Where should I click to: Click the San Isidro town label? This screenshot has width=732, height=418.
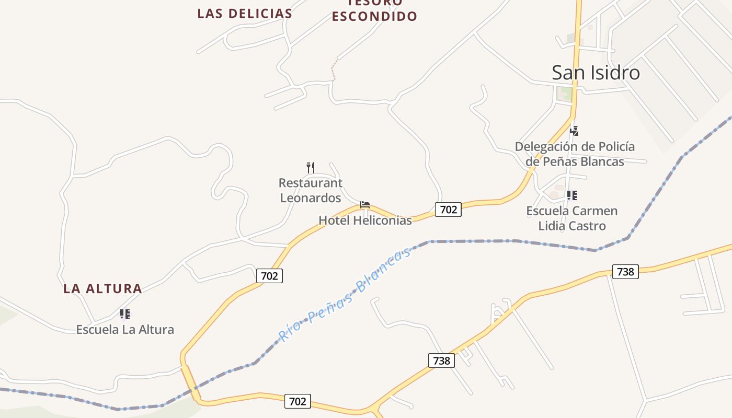coord(596,73)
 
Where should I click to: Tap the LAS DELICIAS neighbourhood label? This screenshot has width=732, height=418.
coord(245,14)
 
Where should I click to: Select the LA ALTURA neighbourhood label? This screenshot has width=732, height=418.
coord(102,288)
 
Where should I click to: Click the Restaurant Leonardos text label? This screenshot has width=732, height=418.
coord(311,190)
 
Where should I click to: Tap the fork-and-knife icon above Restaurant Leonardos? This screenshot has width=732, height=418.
coord(311,167)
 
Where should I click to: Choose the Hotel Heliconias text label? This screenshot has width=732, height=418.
coord(365,220)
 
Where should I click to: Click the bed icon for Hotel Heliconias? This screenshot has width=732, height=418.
coord(365,204)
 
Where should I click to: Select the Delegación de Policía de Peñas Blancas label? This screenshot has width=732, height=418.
coord(575,154)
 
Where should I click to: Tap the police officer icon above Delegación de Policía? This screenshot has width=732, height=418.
coord(574,131)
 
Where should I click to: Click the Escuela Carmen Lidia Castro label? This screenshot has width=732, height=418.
coord(571,218)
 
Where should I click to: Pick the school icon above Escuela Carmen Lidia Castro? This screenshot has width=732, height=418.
coord(571,195)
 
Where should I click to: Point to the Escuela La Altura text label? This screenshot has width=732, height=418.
coord(125,329)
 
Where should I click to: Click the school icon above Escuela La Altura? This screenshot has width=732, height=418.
coord(124,313)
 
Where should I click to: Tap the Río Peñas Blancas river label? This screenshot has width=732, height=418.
coord(344,296)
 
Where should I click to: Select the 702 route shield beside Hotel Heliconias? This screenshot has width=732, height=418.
coord(448,210)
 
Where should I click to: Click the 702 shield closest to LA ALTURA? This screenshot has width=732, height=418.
coord(269,275)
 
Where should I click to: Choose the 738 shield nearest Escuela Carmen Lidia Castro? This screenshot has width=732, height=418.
coord(625,271)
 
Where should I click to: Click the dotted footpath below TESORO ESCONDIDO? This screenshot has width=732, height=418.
coord(333,71)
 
